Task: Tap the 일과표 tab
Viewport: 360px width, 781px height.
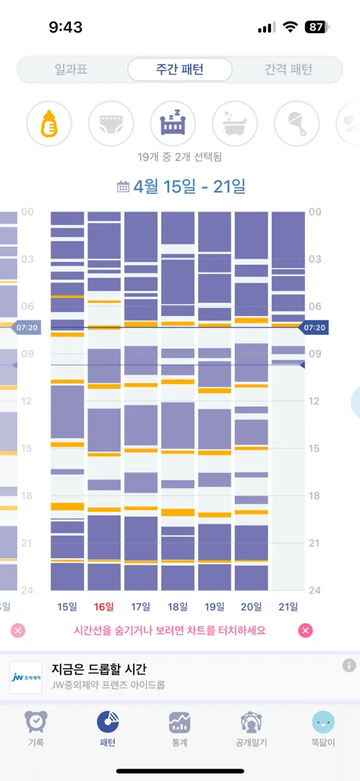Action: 71,69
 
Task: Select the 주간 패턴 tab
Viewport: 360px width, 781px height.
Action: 180,69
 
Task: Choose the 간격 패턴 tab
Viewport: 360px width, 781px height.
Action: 288,69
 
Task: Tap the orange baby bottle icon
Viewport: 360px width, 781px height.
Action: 49,124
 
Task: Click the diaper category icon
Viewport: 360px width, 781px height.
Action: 111,124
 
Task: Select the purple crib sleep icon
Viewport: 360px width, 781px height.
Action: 173,124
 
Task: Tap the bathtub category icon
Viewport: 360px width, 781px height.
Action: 235,124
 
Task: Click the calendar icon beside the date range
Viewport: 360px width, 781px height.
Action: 122,187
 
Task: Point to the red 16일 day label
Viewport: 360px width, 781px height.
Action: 103,606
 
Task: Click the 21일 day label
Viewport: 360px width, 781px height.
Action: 288,606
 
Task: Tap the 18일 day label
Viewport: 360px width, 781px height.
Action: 177,606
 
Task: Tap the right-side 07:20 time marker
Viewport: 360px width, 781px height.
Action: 313,328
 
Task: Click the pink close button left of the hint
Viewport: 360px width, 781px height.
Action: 18,631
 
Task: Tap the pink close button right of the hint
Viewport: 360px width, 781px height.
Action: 306,631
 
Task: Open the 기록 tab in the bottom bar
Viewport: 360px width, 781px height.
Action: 36,729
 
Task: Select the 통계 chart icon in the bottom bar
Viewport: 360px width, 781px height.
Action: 179,722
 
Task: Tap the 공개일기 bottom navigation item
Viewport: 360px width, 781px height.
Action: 252,729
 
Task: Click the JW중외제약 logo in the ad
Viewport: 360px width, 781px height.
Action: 26,678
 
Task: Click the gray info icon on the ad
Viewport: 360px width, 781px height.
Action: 349,665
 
